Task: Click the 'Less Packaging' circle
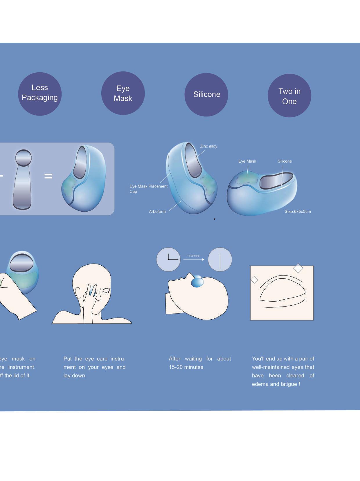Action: click(x=40, y=94)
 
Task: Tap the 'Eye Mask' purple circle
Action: click(x=123, y=93)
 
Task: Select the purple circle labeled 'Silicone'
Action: click(x=206, y=95)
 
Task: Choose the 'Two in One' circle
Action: click(x=289, y=96)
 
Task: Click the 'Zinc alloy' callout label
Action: click(x=208, y=146)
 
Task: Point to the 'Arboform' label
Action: click(x=157, y=212)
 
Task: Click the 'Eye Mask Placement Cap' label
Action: click(x=148, y=189)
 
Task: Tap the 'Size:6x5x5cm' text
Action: click(x=298, y=212)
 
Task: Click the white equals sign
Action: click(x=48, y=176)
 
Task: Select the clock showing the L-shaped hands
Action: click(x=168, y=259)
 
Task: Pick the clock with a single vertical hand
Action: click(x=220, y=259)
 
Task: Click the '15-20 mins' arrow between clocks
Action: click(x=194, y=259)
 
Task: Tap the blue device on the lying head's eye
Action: click(x=197, y=282)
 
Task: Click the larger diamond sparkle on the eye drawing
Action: click(x=298, y=268)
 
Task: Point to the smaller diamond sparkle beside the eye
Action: click(x=254, y=280)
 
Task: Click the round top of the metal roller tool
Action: click(x=23, y=158)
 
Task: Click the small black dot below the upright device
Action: click(x=214, y=219)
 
